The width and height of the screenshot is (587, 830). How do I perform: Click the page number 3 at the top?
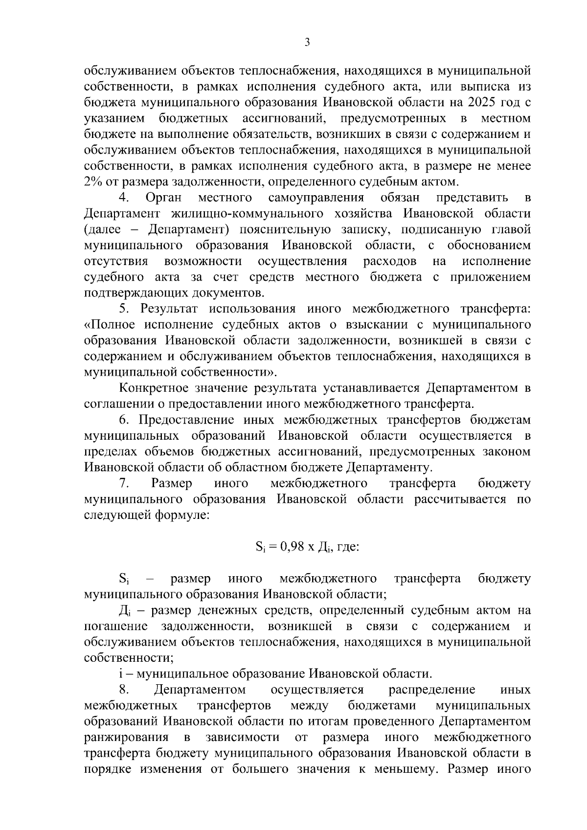(307, 43)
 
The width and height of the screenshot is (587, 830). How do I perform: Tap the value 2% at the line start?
(92, 182)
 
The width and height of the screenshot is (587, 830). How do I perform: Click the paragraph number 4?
(124, 198)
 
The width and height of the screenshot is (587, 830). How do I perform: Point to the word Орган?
(164, 198)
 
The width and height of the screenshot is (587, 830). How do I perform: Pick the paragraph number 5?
(124, 309)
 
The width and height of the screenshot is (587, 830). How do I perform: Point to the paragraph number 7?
(124, 483)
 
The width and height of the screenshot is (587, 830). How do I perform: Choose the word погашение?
(116, 627)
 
